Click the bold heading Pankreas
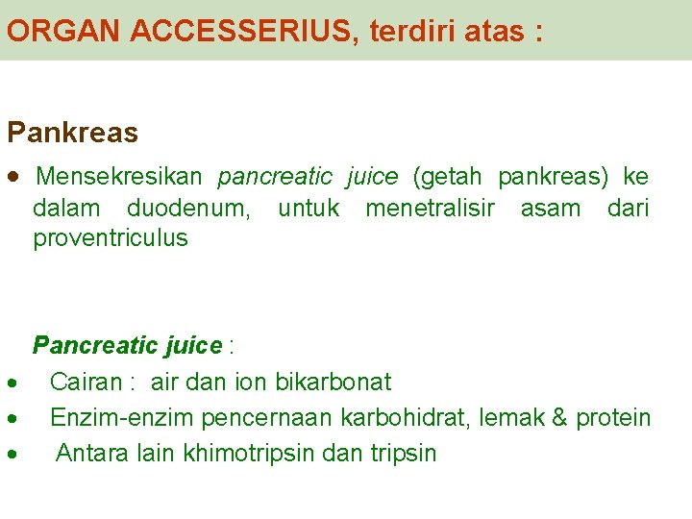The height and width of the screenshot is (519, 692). coord(72,133)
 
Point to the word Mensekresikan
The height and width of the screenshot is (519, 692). coord(119,177)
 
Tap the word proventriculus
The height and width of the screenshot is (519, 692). coord(111,238)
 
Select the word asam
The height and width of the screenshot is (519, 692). coord(551,208)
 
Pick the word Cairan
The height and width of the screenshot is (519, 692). coord(86,382)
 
